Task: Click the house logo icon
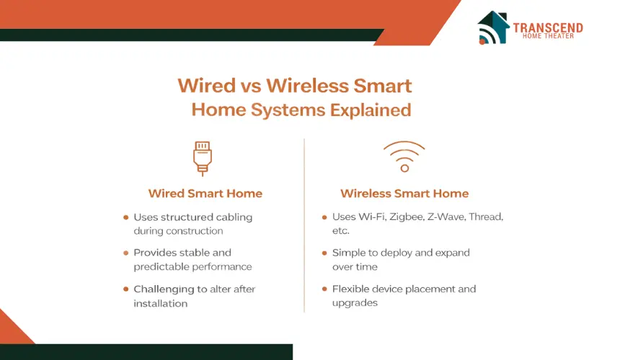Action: (493, 27)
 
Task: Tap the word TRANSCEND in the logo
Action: (548, 27)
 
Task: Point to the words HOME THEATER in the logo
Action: (548, 36)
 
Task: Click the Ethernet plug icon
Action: (203, 158)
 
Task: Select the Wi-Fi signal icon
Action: (404, 157)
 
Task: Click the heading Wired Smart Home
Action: (205, 193)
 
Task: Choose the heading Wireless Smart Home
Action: (404, 193)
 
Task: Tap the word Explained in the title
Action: (371, 110)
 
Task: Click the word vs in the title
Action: (251, 87)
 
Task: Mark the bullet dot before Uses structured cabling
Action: (125, 217)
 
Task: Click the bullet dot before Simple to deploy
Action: (324, 253)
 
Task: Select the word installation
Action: (161, 304)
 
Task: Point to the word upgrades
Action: (355, 304)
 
